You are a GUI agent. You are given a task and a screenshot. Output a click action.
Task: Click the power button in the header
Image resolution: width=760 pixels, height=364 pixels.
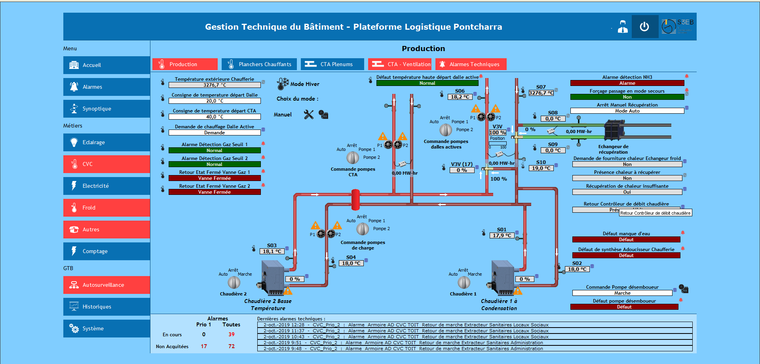(x=644, y=27)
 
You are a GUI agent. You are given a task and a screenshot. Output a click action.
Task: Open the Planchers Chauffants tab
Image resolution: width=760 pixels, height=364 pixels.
(x=259, y=64)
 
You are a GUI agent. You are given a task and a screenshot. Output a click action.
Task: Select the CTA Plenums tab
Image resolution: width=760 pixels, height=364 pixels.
(x=332, y=64)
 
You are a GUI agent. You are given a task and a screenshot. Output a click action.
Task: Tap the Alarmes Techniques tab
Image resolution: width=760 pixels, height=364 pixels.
(x=471, y=64)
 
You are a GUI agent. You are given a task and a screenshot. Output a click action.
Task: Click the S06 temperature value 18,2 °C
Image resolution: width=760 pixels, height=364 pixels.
(x=460, y=97)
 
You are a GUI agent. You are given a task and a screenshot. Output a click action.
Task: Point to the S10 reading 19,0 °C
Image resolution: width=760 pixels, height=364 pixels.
(x=541, y=168)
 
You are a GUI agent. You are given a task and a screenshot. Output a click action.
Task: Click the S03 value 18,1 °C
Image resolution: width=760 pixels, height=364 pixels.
(x=272, y=251)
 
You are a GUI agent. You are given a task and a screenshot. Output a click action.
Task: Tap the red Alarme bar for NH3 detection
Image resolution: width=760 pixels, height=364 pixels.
(x=627, y=83)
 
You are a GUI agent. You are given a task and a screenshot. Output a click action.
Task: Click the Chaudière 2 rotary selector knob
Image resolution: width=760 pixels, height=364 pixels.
(x=234, y=282)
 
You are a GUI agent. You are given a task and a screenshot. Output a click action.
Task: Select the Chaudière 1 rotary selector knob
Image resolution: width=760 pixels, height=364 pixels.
(x=464, y=282)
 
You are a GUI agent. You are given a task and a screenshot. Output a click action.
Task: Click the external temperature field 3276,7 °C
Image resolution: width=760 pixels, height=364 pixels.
(x=215, y=85)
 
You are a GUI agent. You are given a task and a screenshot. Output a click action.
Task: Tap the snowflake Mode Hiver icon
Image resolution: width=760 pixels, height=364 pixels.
(x=283, y=84)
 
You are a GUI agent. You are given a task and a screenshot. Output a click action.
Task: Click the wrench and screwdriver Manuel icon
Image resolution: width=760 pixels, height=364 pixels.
(x=309, y=114)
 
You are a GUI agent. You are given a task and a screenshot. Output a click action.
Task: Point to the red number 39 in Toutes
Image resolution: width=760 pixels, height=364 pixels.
(x=232, y=334)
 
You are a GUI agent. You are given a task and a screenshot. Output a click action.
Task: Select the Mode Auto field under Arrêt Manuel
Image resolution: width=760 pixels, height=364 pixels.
(x=627, y=111)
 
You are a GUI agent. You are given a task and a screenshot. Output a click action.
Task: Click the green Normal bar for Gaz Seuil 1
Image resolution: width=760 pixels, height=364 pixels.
(x=215, y=151)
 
